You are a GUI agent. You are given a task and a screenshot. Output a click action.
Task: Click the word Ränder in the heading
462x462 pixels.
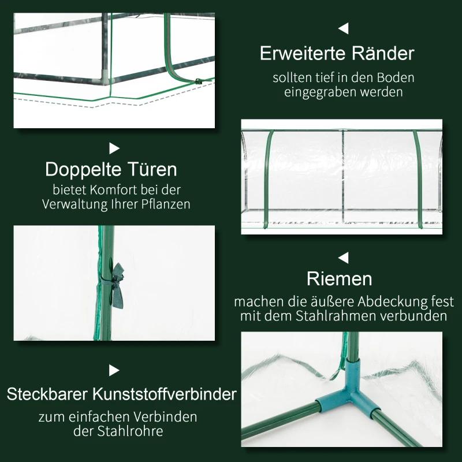pos(382,54)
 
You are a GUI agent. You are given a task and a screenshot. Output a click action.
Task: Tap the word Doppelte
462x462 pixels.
pos(82,170)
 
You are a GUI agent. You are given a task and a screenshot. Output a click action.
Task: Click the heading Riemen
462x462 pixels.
pos(339,279)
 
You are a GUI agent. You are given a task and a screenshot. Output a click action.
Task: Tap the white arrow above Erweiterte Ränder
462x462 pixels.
pos(344,28)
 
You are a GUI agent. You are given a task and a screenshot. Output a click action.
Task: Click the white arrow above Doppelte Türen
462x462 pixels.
pos(114,148)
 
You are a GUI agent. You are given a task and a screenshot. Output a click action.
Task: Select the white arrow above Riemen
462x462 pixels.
pos(344,258)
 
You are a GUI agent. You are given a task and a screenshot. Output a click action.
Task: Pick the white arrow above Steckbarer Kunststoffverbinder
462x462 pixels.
pos(114,370)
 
